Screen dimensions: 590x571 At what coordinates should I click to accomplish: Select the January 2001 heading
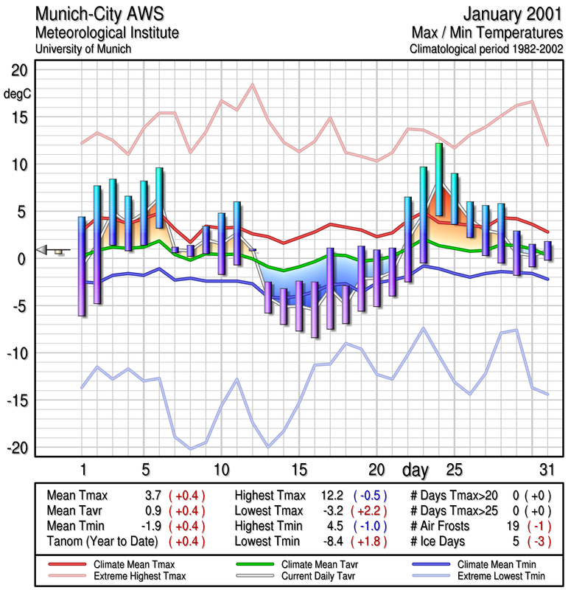tap(514, 14)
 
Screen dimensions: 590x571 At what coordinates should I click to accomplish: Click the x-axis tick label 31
tap(546, 470)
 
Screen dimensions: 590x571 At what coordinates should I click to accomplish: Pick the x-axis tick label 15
tap(298, 470)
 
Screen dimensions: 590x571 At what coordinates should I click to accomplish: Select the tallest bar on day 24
tap(439, 179)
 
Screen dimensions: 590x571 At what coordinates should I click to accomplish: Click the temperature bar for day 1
tap(82, 266)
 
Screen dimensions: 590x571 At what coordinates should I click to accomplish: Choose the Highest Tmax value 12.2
tap(332, 495)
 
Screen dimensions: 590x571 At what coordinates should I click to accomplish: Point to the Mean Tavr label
tap(76, 510)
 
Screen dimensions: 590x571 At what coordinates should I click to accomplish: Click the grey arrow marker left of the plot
tap(45, 250)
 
